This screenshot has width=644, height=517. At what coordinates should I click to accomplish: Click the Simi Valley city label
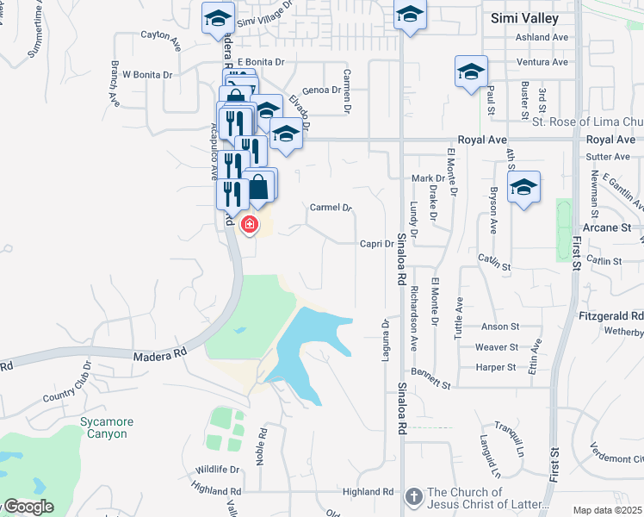[x=524, y=17]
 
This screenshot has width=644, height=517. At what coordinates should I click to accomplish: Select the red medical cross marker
[x=250, y=225]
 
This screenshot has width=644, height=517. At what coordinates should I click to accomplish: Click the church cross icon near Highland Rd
[x=413, y=497]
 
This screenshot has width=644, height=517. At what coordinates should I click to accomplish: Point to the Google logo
[x=28, y=507]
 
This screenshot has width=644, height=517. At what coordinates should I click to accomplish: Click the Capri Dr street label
[x=376, y=244]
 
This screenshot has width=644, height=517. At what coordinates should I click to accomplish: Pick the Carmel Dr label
[x=331, y=208]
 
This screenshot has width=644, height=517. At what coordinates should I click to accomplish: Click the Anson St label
[x=500, y=327]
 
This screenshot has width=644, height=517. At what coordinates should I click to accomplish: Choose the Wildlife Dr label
[x=216, y=470]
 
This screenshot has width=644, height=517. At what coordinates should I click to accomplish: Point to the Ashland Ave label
[x=542, y=38]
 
